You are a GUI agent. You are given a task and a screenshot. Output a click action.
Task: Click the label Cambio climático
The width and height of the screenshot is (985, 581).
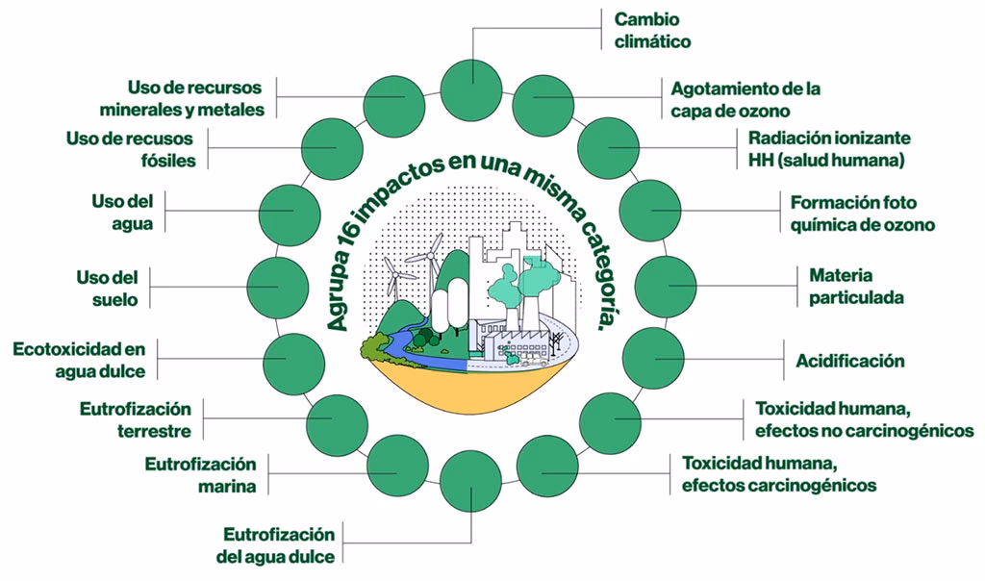tap(653, 30)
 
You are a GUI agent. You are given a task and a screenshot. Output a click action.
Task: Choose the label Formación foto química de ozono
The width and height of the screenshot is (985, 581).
tap(862, 214)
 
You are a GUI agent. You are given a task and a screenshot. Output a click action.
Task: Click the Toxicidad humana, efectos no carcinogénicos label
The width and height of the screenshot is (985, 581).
tap(864, 418)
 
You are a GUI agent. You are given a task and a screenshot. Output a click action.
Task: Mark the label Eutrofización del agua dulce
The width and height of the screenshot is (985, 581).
tap(279, 545)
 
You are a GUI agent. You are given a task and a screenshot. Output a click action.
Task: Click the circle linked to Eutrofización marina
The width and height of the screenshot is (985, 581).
tap(397, 465)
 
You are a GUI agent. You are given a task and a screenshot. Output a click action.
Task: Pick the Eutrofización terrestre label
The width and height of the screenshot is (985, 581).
tap(136, 420)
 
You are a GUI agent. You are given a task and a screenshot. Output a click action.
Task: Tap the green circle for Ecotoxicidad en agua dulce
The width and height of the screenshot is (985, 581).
tap(291, 359)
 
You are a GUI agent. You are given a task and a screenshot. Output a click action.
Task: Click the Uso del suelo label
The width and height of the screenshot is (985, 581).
tap(108, 289)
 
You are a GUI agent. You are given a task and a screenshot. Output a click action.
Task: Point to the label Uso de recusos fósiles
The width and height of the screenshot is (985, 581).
tap(131, 149)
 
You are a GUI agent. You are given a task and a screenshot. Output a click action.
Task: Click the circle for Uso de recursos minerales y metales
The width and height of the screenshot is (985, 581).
tap(394, 103)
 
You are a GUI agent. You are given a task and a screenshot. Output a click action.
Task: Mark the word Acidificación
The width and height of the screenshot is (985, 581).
tap(849, 362)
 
